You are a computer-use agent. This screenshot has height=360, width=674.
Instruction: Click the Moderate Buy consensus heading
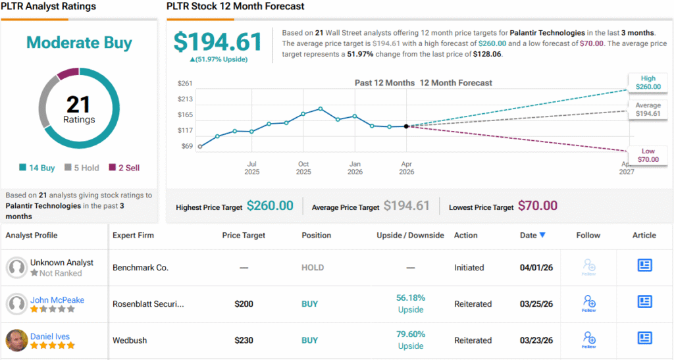[x=79, y=43]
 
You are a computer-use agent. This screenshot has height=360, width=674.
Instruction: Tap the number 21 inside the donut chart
[x=79, y=104]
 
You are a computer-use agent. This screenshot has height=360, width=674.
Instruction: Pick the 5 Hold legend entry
[x=82, y=168]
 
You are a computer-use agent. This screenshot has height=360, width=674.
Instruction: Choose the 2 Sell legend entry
[x=124, y=168]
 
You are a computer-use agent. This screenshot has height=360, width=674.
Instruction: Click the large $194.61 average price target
[x=218, y=41]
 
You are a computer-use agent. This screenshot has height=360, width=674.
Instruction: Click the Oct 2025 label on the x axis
[x=303, y=168]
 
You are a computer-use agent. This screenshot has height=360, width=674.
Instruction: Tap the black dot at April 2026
[x=406, y=126]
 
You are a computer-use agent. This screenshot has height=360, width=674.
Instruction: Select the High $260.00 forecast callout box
[x=644, y=82]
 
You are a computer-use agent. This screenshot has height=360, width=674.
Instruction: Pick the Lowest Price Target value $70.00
[x=537, y=206]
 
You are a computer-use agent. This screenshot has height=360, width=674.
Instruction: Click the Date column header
[x=532, y=235]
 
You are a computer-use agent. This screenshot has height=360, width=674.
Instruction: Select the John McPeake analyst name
[x=57, y=300]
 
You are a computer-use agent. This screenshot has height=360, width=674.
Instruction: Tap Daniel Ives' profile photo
[x=16, y=340]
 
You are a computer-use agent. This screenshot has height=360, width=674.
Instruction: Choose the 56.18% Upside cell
[x=410, y=303]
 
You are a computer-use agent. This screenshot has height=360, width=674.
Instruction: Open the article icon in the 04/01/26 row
[x=644, y=265]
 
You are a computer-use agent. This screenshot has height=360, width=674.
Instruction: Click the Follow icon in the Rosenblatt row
[x=588, y=303]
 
